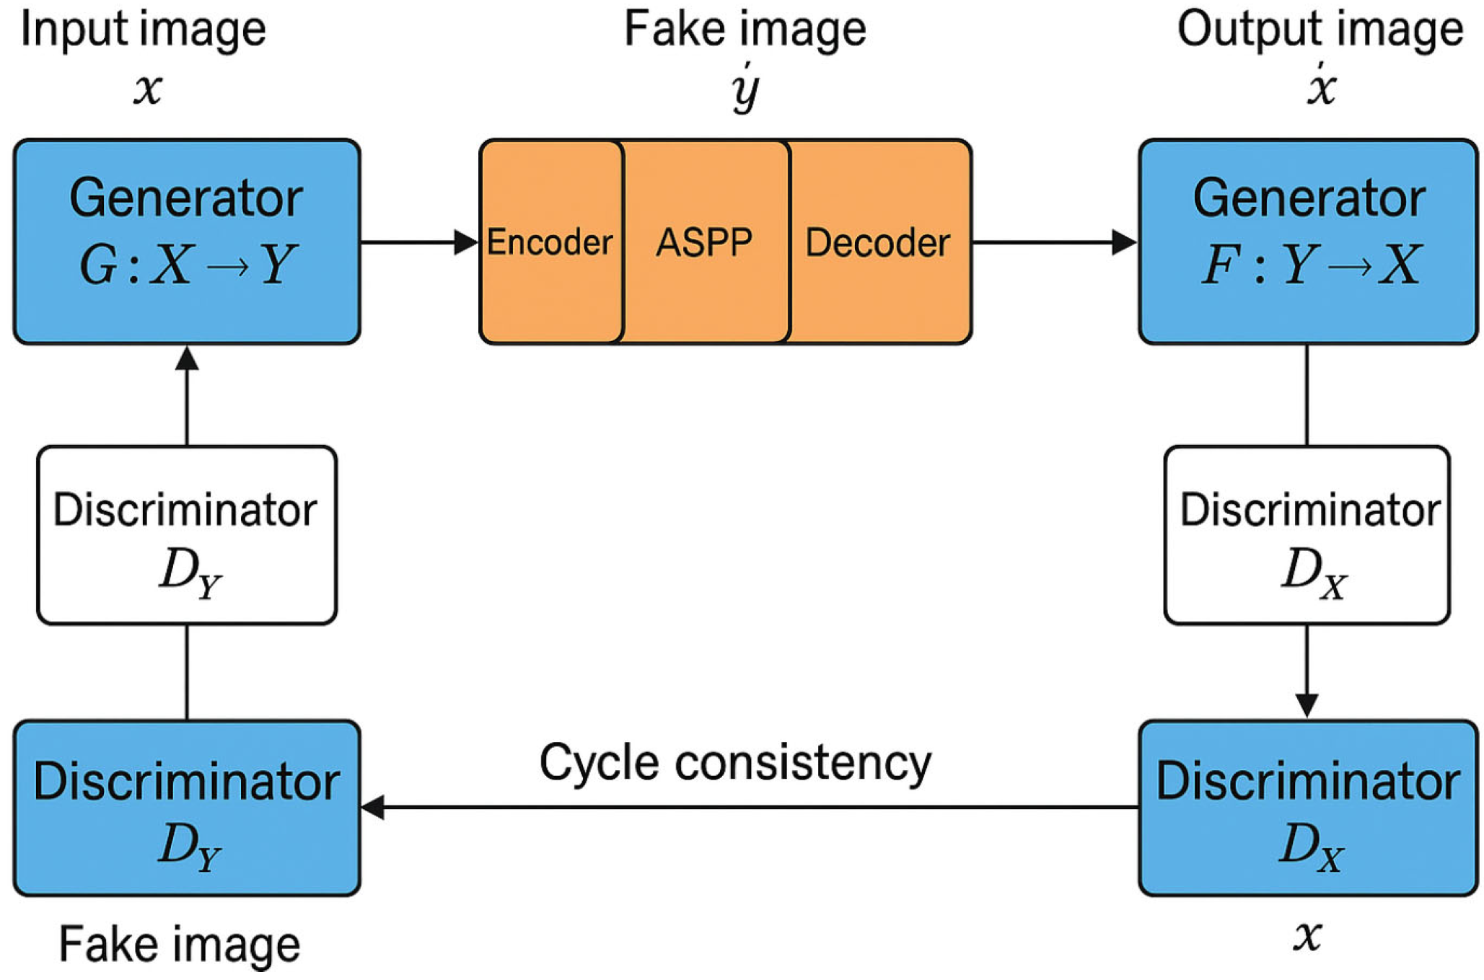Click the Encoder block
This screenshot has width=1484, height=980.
click(550, 242)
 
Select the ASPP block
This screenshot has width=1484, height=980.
click(705, 242)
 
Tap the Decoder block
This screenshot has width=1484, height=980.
click(879, 242)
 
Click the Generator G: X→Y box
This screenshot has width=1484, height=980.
click(187, 241)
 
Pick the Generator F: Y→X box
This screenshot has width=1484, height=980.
click(1307, 241)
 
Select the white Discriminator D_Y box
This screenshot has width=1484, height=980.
click(187, 535)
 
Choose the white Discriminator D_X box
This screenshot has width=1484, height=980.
click(1307, 535)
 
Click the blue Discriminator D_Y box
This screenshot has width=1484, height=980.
click(187, 808)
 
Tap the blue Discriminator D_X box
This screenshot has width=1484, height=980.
click(1307, 808)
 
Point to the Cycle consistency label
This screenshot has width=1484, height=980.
click(735, 763)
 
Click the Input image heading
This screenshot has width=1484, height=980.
click(144, 30)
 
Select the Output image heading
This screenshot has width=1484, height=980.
click(1320, 30)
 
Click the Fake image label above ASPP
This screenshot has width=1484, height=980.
click(745, 30)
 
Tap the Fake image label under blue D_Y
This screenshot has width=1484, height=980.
click(180, 945)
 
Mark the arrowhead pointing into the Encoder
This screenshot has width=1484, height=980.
click(466, 242)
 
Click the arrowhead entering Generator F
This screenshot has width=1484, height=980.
click(1124, 242)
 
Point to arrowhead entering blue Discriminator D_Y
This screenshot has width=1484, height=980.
click(372, 808)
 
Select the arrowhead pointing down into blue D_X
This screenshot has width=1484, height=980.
click(1307, 705)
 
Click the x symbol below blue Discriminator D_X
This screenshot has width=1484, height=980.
click(1307, 937)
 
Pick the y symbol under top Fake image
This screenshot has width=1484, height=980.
click(745, 89)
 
